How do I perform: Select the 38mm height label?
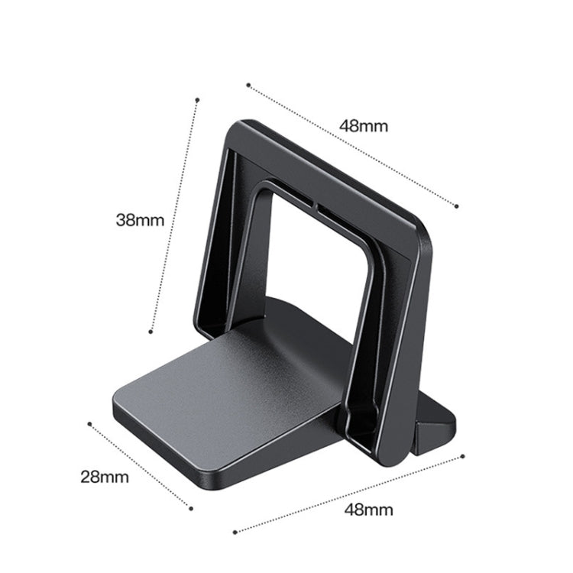click(140, 220)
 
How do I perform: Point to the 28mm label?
click(105, 478)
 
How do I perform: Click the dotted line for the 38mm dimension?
click(175, 214)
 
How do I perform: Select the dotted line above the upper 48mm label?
click(351, 144)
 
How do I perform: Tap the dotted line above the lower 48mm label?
click(348, 494)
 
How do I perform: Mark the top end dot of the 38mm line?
click(197, 99)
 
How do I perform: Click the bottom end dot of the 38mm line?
click(152, 331)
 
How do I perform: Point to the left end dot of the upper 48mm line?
click(248, 84)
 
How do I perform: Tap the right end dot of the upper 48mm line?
click(456, 206)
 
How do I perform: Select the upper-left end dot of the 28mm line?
click(89, 422)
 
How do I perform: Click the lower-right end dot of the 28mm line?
click(190, 507)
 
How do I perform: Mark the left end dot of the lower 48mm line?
click(235, 532)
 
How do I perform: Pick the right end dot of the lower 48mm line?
click(463, 456)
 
